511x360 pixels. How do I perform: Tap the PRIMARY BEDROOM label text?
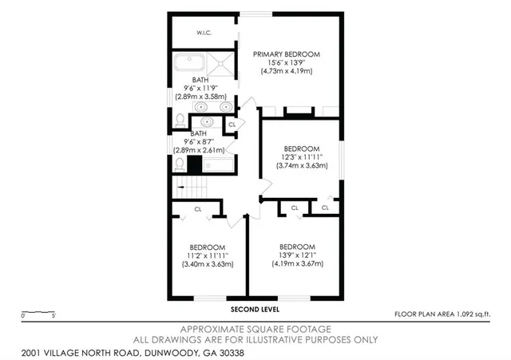coord(287,54)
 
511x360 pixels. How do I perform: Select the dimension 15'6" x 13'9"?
coord(287,63)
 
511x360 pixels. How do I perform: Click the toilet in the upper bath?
coord(180,121)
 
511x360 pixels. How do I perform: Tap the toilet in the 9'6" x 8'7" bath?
coord(180,164)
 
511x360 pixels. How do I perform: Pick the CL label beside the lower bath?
coord(232,125)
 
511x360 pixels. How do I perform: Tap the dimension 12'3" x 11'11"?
coord(303,157)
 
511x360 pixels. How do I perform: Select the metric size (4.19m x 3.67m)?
coord(296,263)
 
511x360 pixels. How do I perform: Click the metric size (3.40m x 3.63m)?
coord(207,263)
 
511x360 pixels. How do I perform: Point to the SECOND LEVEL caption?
coord(255,309)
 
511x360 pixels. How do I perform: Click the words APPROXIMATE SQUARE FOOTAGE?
coord(255,329)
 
